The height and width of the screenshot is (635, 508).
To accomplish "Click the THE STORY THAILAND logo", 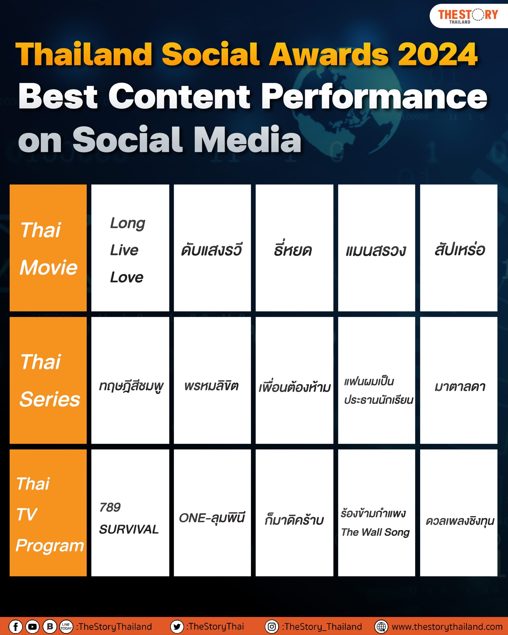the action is click(468, 16).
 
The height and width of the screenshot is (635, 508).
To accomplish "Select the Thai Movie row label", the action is click(48, 248).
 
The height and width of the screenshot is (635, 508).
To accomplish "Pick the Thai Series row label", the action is click(48, 380).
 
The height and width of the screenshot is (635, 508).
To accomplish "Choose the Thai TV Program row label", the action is click(48, 512).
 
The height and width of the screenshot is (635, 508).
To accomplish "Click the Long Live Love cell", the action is click(130, 248).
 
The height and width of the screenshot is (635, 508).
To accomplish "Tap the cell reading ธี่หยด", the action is click(294, 248).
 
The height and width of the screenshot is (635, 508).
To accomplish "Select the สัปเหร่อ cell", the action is click(459, 248).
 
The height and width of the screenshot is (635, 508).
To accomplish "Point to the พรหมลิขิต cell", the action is click(212, 380).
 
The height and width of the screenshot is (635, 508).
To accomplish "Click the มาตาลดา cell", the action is click(459, 380).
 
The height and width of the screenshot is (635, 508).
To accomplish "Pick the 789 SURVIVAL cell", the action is click(130, 512).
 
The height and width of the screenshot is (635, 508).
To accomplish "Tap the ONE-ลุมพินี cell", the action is click(212, 512).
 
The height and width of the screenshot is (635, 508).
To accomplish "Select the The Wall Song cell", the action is click(377, 512).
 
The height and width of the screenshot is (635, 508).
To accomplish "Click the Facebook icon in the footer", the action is click(16, 627).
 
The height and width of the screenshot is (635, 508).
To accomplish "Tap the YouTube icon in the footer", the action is click(32, 627).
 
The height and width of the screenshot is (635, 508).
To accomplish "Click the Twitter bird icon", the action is click(177, 627).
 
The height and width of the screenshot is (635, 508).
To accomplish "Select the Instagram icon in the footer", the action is click(272, 627).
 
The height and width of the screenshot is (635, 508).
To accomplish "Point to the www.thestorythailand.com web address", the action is click(447, 627).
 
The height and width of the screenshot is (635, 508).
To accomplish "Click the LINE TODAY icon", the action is click(66, 627).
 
